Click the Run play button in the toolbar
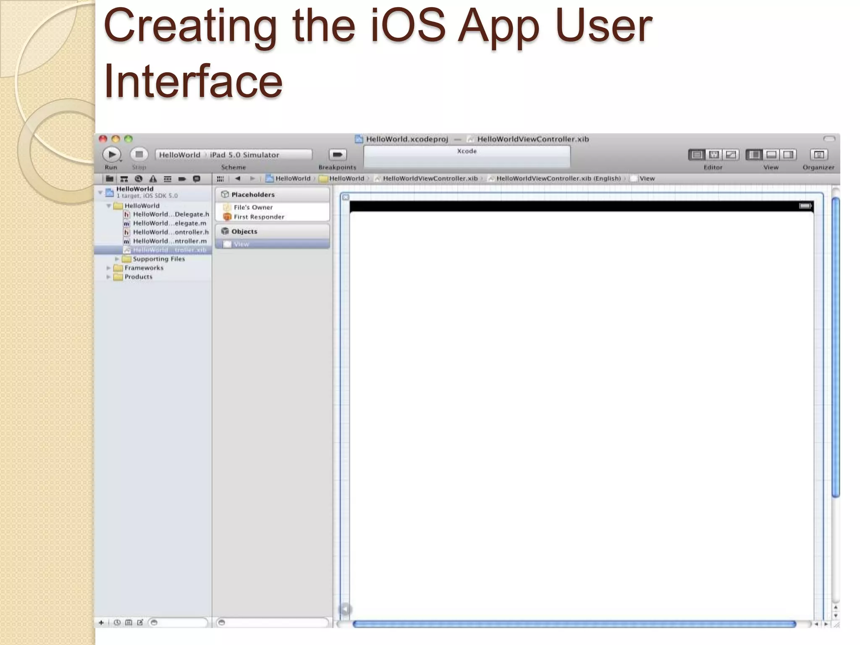coord(112,155)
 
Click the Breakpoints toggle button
coord(337,155)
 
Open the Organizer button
coord(818,155)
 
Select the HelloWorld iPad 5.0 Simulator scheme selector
coord(233,155)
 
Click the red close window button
coord(103,139)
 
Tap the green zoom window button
coord(128,139)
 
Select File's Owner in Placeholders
coord(253,207)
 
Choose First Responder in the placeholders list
coord(259,217)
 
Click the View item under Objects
coord(241,244)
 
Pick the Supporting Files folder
coord(159,259)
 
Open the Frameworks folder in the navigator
coord(144,267)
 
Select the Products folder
coord(138,277)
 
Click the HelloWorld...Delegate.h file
coord(170,214)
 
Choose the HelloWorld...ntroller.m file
coord(170,241)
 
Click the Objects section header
coord(244,231)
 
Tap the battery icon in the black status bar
coord(805,206)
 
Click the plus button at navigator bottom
coord(101,622)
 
